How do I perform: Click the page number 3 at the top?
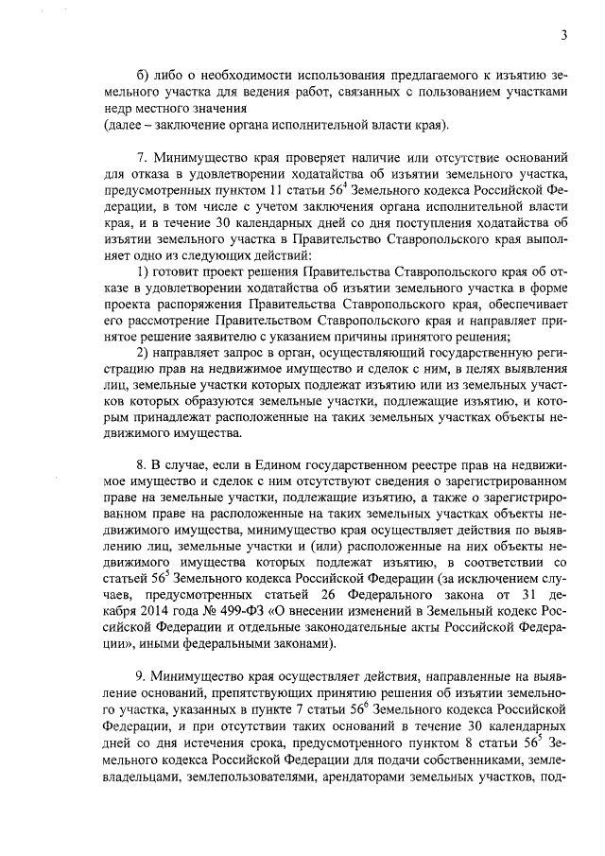563,36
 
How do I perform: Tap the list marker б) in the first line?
145,73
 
